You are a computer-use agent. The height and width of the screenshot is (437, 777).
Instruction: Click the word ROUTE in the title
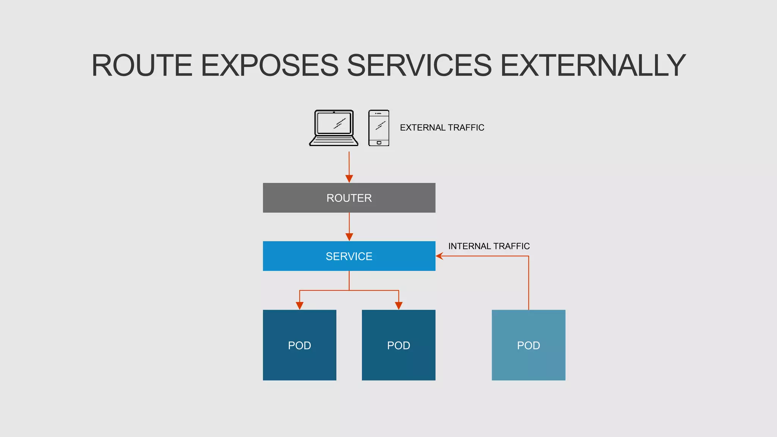tap(142, 66)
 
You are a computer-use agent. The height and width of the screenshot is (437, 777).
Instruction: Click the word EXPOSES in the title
tap(269, 66)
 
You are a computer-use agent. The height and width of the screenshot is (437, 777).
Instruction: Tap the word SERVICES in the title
tap(419, 66)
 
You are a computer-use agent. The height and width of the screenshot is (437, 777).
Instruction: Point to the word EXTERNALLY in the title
tap(593, 66)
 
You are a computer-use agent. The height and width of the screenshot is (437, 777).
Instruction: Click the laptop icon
tap(333, 127)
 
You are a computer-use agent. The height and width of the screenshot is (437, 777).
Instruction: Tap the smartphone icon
tap(379, 128)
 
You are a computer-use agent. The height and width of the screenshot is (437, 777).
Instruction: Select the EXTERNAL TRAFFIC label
tap(442, 127)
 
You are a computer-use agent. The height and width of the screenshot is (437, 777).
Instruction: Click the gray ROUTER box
tap(349, 198)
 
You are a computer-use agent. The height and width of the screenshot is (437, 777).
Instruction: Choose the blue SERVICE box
tap(349, 256)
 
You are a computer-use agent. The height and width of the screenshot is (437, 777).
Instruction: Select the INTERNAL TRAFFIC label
tap(489, 246)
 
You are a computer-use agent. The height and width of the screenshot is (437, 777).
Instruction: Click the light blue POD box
tap(528, 345)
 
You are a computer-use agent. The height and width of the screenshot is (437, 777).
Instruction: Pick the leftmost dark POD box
tap(299, 345)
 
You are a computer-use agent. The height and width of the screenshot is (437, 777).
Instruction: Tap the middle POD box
tap(398, 345)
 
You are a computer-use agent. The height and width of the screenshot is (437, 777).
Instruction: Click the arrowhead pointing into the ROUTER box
tap(349, 179)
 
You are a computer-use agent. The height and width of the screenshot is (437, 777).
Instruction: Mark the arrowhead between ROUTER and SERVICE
tap(349, 237)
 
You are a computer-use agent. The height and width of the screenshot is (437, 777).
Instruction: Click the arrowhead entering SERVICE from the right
tap(439, 256)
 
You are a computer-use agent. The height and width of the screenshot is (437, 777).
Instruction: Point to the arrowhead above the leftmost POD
tap(299, 306)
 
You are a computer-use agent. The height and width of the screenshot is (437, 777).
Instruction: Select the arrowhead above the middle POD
tap(398, 306)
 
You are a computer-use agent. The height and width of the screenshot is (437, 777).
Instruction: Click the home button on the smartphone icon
tap(379, 143)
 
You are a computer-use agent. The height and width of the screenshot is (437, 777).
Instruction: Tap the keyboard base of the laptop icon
tap(333, 141)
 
